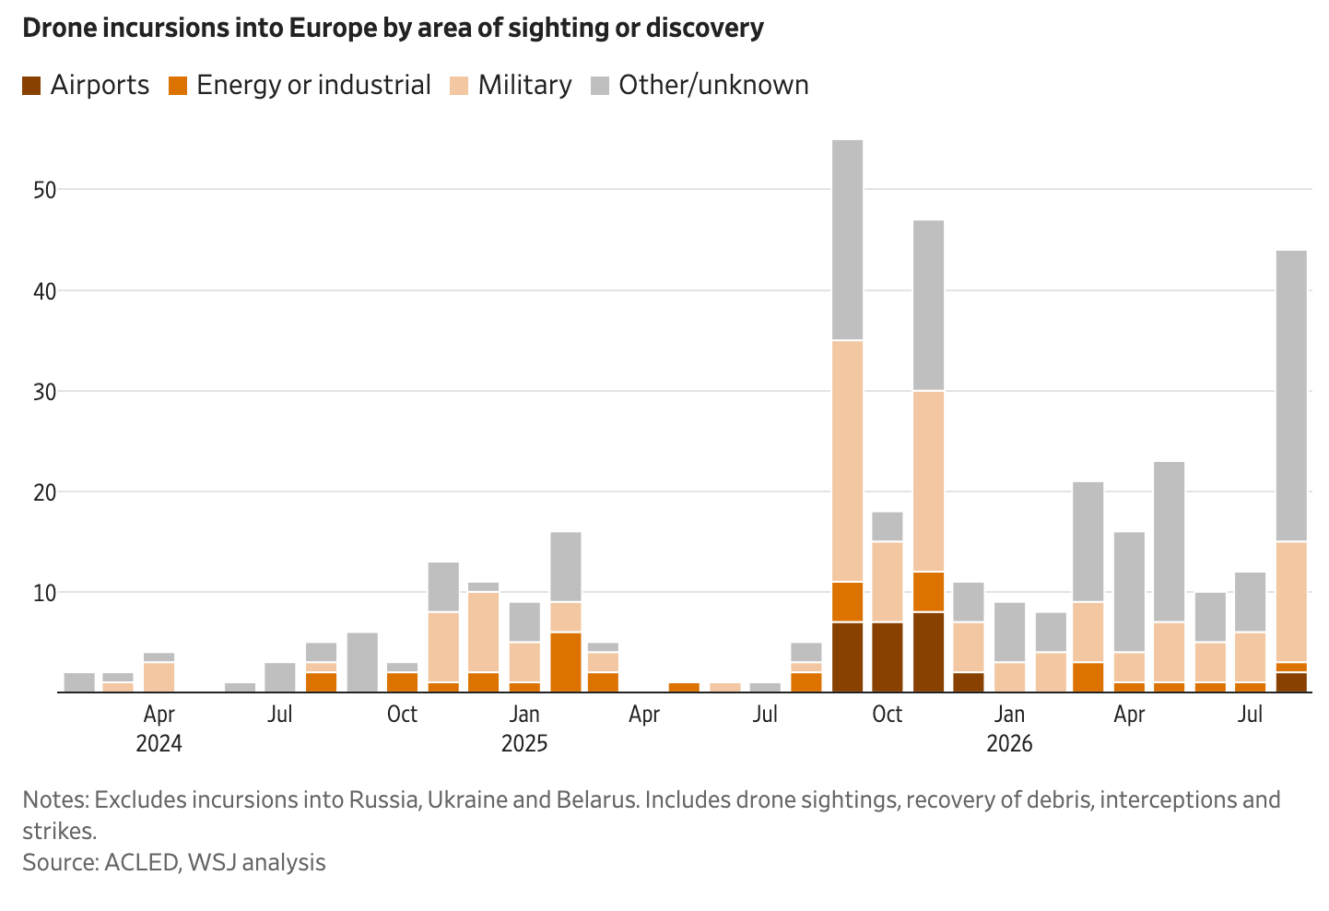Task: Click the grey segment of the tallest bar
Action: click(x=847, y=240)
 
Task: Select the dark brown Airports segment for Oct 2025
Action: click(x=888, y=657)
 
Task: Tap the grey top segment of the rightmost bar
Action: click(x=1291, y=396)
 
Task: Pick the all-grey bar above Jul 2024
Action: click(x=280, y=677)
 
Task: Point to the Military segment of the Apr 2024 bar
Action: click(x=159, y=677)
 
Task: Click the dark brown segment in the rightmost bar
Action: click(x=1291, y=682)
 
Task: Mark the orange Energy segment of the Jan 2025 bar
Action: click(x=524, y=687)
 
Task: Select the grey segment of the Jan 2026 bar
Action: click(x=1010, y=632)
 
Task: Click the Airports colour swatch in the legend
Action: click(x=31, y=86)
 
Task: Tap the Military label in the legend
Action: click(x=525, y=86)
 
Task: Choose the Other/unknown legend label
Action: click(x=713, y=86)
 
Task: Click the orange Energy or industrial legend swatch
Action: click(x=178, y=86)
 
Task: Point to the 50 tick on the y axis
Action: click(x=44, y=191)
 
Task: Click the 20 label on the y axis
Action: click(x=44, y=492)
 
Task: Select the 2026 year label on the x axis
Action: click(x=1009, y=743)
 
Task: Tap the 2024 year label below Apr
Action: click(x=159, y=743)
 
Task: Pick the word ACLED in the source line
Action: click(x=142, y=862)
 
